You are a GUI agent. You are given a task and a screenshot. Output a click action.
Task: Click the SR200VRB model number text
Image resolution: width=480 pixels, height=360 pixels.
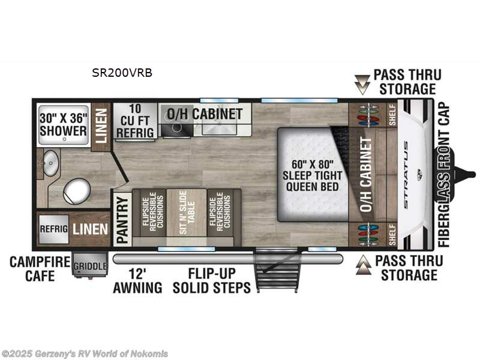122,73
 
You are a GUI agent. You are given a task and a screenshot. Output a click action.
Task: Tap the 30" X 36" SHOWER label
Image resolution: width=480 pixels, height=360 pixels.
64,124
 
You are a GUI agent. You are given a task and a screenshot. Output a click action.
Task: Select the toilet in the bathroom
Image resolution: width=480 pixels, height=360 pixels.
76,191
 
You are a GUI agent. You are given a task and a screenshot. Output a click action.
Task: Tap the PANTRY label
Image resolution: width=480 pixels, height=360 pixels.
122,218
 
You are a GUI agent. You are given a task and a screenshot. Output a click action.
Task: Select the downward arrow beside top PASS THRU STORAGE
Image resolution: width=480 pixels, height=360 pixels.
362,84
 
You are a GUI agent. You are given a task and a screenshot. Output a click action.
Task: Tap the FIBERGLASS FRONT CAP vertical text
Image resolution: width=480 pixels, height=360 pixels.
445,174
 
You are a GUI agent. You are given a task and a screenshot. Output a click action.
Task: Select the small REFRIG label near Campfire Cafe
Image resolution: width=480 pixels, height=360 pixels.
52,229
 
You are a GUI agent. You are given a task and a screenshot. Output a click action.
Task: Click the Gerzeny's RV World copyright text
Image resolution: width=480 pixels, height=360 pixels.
85,353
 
